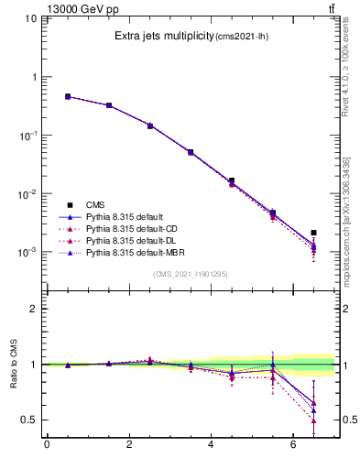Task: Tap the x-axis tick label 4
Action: [212, 446]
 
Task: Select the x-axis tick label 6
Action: [293, 446]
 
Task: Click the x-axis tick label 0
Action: [47, 446]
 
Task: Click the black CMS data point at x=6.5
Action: [314, 233]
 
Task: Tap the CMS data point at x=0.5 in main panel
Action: [68, 96]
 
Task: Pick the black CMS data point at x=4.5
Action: [232, 181]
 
